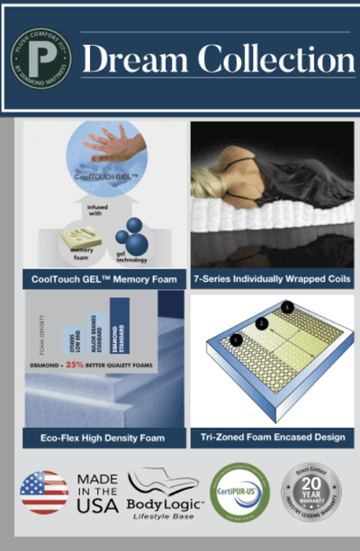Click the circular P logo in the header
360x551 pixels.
tap(41, 59)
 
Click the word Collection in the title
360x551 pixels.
tap(270, 59)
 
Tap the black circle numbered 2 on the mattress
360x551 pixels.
tap(261, 322)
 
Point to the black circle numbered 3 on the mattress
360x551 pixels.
tap(286, 307)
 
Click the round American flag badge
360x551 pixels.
tap(43, 492)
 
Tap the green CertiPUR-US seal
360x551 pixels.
tap(239, 492)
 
